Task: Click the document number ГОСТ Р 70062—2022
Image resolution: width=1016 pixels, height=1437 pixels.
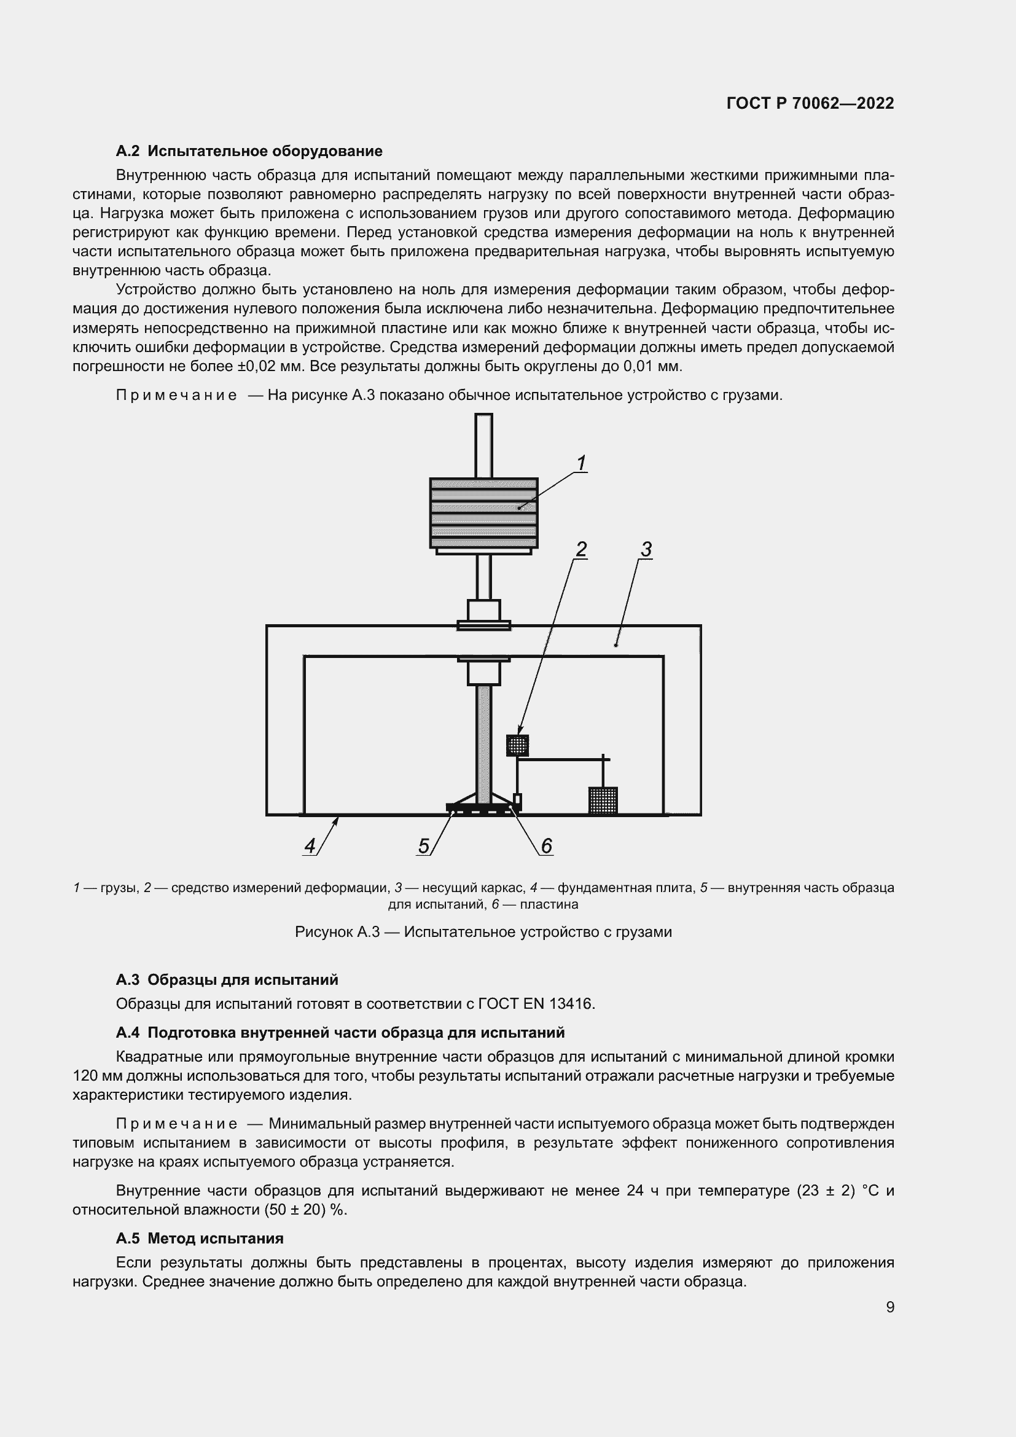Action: tap(810, 103)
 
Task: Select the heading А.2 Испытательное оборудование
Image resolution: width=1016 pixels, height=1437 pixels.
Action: tap(249, 151)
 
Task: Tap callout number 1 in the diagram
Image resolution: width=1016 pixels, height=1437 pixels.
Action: tap(580, 463)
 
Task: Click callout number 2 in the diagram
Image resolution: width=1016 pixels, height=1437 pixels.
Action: tap(580, 549)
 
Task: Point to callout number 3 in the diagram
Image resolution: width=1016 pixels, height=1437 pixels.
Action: tap(646, 549)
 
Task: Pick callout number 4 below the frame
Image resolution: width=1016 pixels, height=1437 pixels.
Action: tap(310, 846)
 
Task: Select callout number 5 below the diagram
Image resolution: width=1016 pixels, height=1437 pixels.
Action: tap(424, 846)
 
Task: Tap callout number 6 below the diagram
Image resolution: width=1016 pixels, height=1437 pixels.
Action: tap(546, 846)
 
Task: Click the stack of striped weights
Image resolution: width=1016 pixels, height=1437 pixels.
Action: tap(483, 512)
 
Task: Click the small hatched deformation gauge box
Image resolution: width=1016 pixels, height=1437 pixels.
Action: tap(517, 745)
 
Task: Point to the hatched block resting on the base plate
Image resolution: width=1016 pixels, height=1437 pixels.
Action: tap(603, 801)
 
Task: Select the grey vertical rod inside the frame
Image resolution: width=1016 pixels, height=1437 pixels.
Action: tap(483, 745)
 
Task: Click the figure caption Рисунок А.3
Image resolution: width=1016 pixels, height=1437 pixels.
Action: tap(483, 932)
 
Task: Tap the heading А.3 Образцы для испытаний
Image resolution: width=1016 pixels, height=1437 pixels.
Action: tap(227, 979)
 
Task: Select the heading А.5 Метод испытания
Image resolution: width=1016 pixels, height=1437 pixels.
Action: tap(200, 1238)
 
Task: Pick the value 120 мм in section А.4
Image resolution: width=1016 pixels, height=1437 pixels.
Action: tap(98, 1076)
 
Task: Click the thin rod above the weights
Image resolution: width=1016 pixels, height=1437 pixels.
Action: tap(483, 445)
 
